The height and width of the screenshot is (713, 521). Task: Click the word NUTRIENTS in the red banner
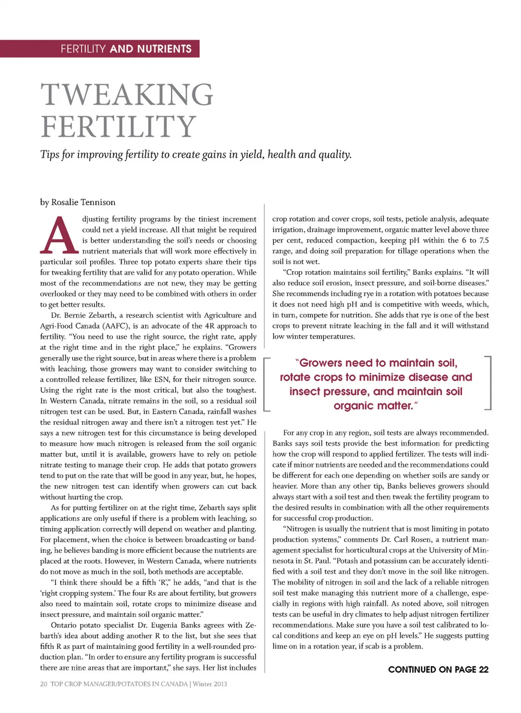coord(164,49)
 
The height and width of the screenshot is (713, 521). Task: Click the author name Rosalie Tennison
coord(83,202)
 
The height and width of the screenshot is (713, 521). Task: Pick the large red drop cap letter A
coord(59,237)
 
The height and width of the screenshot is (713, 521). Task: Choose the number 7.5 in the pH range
coord(484,240)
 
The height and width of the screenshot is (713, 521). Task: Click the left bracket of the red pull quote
coord(266,384)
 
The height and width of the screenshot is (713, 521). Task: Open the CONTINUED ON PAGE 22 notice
coord(438,670)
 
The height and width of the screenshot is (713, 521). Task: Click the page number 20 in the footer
coord(43,684)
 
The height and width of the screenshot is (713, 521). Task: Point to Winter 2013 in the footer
coord(210,684)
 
